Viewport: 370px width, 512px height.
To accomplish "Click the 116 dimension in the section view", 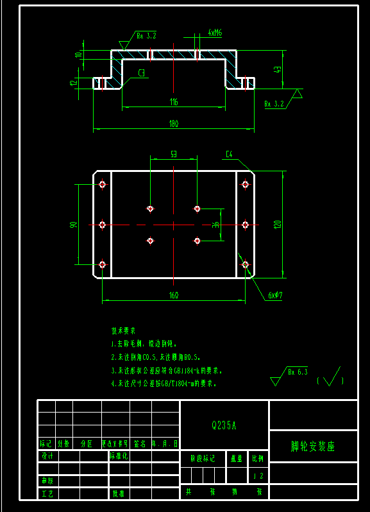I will [174, 102].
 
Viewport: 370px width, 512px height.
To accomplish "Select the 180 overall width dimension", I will [174, 124].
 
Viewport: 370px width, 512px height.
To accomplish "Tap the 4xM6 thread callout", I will [215, 32].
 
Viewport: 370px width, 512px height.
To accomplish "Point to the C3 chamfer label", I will [142, 73].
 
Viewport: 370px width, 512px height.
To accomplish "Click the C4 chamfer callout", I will [230, 154].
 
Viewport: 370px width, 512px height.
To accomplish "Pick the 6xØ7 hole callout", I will [276, 295].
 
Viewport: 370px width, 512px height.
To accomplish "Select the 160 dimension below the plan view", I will [174, 296].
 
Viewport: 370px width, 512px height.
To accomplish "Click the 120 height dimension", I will [277, 225].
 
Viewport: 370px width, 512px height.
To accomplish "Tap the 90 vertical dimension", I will [74, 225].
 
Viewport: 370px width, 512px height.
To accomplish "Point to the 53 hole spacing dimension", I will [174, 155].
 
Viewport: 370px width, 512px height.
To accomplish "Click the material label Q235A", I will [224, 425].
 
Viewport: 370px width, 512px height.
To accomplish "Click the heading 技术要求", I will [123, 332].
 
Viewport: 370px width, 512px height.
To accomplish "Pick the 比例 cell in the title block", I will [258, 459].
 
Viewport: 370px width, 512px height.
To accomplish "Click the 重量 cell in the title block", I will [237, 459].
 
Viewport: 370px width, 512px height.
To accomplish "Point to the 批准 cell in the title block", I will [118, 493].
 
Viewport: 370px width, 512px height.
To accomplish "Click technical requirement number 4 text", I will [164, 384].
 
